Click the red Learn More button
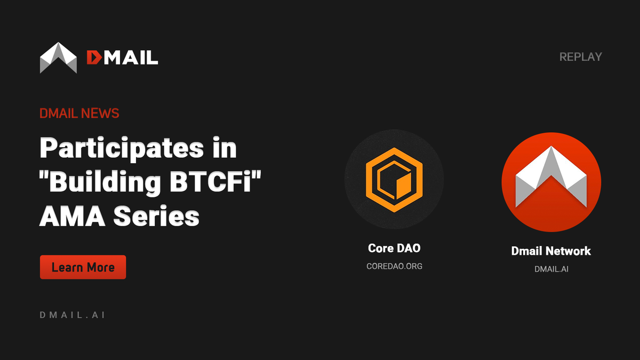(83, 267)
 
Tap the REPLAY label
(580, 57)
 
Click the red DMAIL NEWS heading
(79, 113)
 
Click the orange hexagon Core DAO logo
(394, 180)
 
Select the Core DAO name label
(394, 249)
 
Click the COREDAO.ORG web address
(394, 266)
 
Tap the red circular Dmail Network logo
(551, 182)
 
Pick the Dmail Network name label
(551, 251)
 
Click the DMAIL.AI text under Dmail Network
(551, 269)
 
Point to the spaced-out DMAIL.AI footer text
(72, 315)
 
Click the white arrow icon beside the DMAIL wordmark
(59, 57)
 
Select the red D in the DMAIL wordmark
(94, 57)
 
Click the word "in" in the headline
(225, 148)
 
